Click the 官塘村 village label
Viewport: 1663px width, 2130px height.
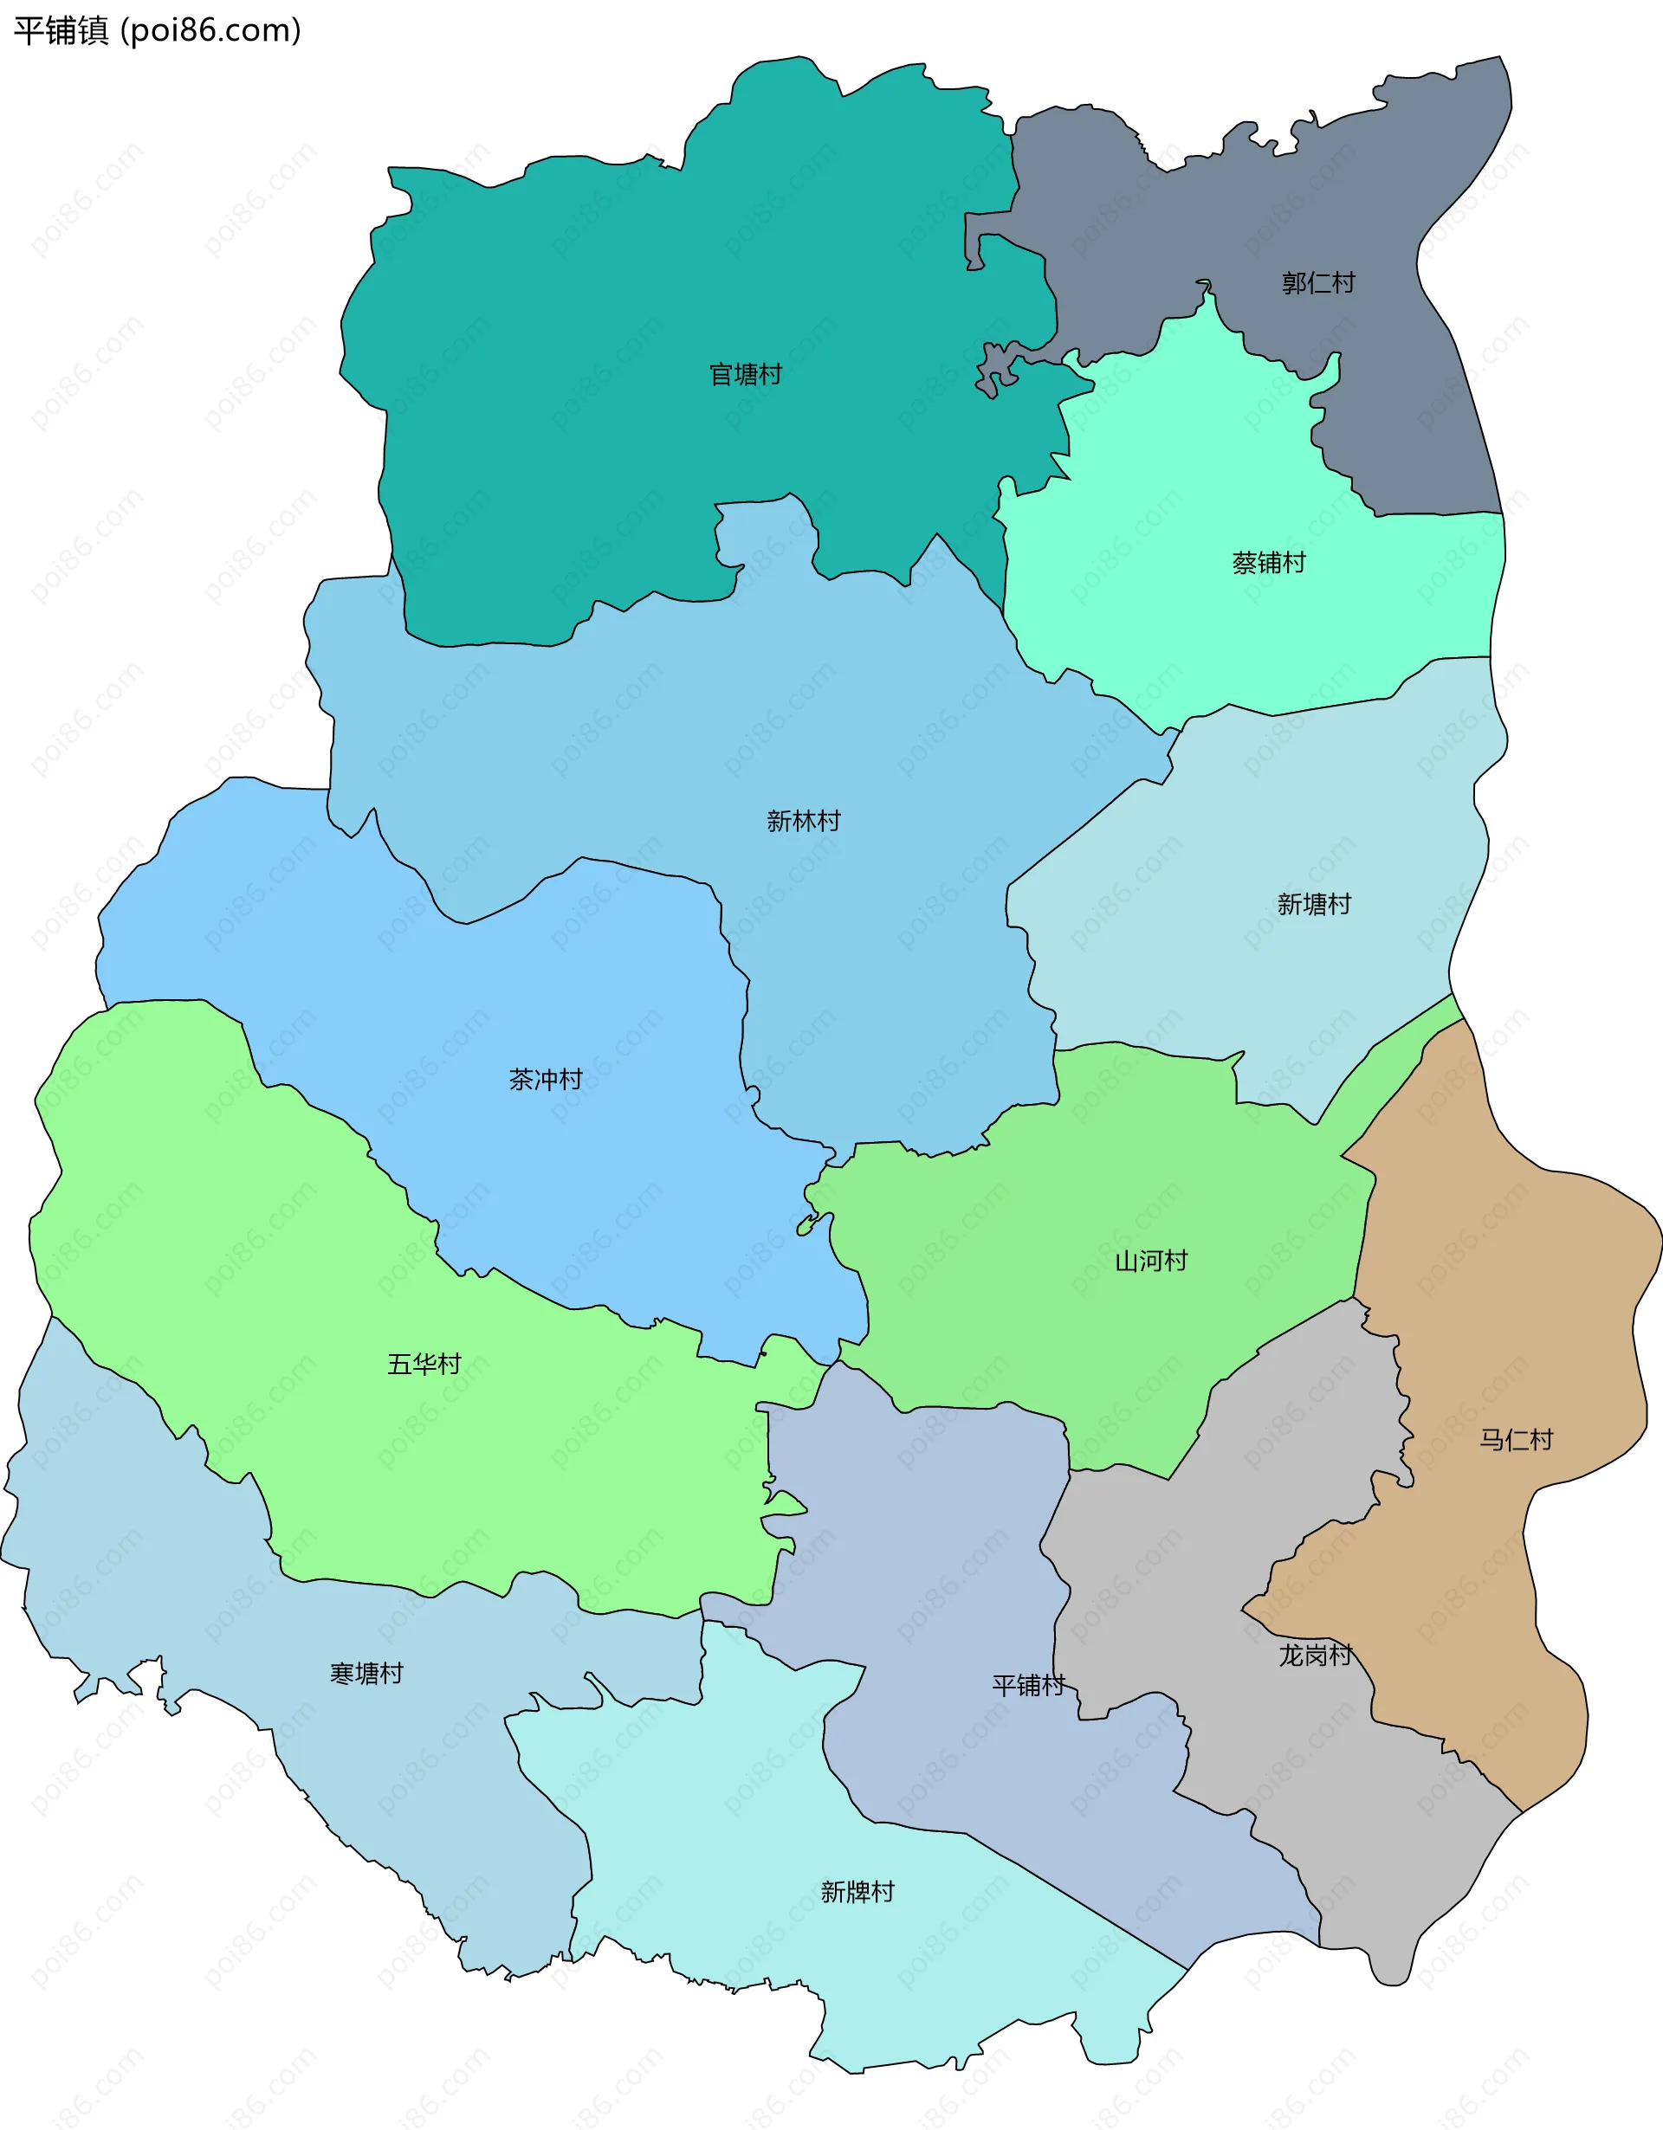(745, 375)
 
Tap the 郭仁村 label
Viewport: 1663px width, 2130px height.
(1317, 283)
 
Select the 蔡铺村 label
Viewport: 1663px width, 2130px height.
(1268, 563)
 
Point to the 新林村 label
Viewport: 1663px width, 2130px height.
(803, 821)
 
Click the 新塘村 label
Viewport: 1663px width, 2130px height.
(1314, 904)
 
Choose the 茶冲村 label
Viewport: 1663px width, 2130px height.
(545, 1080)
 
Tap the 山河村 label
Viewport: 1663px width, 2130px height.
(1151, 1261)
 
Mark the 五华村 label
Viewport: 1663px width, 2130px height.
(424, 1365)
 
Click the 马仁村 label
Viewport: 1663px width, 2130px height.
(1516, 1440)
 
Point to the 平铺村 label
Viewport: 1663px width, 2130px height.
(1028, 1685)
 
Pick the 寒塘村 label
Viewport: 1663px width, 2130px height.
(366, 1674)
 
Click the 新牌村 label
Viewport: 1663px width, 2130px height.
(857, 1892)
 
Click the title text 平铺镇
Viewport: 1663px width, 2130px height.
(61, 31)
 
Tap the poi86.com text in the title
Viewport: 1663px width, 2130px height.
(210, 31)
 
